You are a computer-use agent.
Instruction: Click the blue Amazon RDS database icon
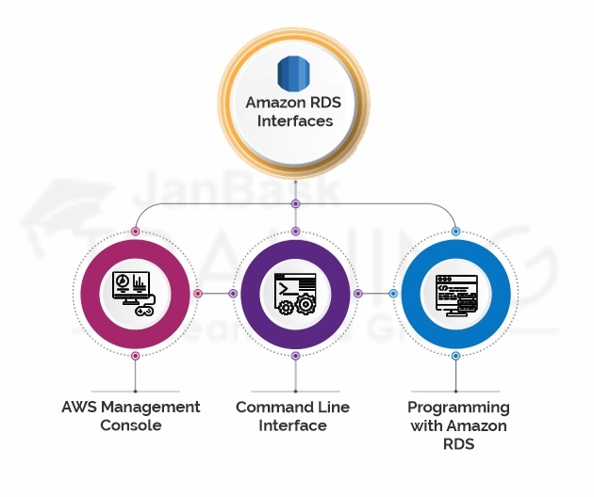point(294,72)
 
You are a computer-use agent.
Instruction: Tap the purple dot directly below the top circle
point(295,203)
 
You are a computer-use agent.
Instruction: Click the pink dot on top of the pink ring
point(136,231)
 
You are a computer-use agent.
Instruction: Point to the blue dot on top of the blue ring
point(455,231)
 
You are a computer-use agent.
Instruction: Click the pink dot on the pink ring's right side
point(198,294)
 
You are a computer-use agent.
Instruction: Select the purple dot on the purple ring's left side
point(233,294)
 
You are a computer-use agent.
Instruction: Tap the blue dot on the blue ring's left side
point(393,294)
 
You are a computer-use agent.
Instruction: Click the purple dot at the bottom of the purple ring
point(295,356)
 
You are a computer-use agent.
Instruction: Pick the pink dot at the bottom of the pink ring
point(136,356)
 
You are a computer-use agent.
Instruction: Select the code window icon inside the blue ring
point(454,293)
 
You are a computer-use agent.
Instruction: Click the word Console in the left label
point(131,425)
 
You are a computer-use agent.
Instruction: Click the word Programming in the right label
point(458,408)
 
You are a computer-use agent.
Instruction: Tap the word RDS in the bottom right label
point(458,444)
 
